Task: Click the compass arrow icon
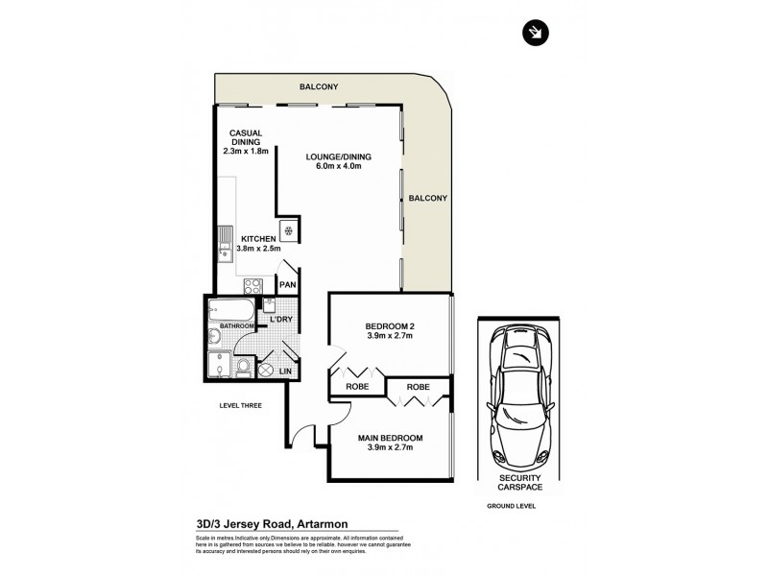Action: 534,33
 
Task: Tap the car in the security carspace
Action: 521,395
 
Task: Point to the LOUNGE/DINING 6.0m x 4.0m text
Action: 338,161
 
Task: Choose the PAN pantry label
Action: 286,284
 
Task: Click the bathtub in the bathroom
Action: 231,310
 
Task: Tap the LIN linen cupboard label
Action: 285,371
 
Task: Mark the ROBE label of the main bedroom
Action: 417,387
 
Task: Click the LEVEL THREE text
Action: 240,405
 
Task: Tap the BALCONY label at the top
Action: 318,85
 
